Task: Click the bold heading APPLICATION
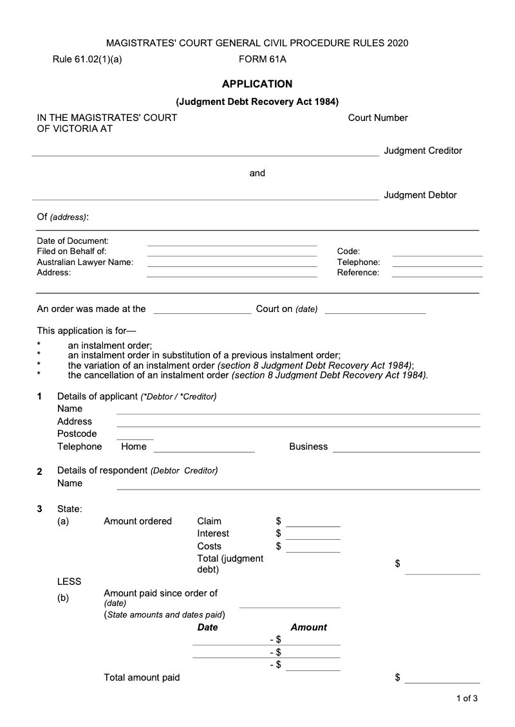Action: pos(257,84)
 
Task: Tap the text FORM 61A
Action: pos(262,60)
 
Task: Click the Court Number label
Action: pos(378,118)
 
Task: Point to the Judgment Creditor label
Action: pos(423,151)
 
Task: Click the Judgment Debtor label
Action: pos(420,195)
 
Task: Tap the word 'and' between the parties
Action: pos(257,173)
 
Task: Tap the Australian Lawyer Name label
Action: pos(85,262)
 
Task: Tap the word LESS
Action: pos(70,582)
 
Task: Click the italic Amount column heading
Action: pos(308,627)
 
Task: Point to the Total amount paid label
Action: pos(142,677)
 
